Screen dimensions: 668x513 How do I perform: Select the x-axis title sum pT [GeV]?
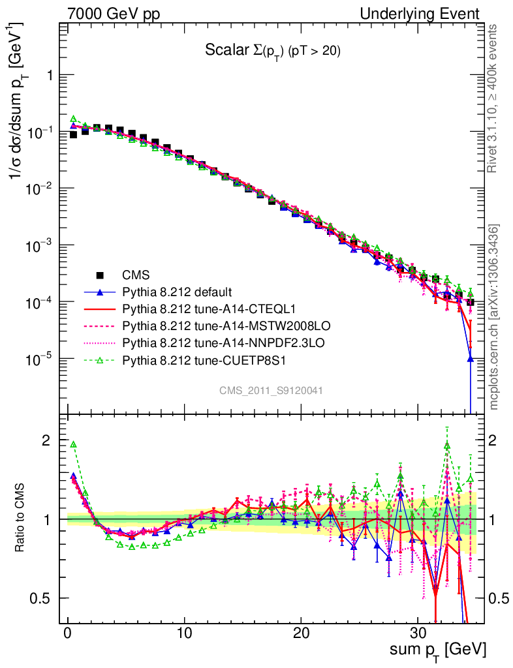pyautogui.click(x=439, y=650)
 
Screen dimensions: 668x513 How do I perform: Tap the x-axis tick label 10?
pyautogui.click(x=185, y=633)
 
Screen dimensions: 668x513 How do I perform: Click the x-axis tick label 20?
pyautogui.click(x=301, y=633)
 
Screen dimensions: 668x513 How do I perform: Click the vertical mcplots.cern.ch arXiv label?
pyautogui.click(x=495, y=317)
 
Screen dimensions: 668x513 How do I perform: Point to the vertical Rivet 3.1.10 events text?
pyautogui.click(x=495, y=99)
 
